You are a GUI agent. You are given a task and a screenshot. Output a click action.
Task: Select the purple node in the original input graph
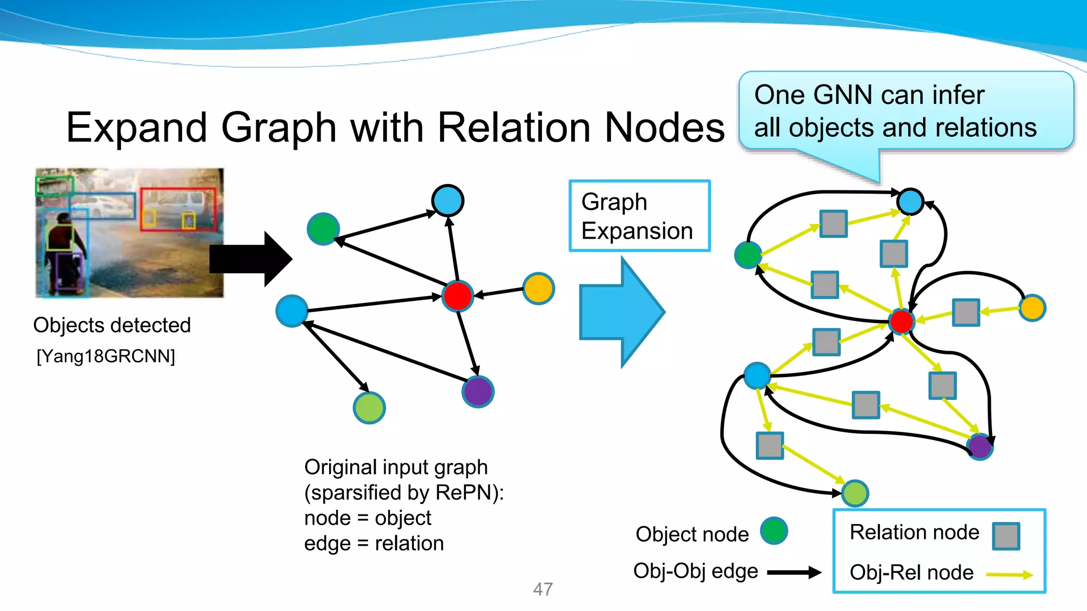point(478,392)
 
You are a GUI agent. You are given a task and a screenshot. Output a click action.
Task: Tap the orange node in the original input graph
point(538,289)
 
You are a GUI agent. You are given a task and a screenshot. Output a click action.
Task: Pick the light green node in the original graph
point(369,408)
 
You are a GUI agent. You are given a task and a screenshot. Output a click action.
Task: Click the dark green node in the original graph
point(323,229)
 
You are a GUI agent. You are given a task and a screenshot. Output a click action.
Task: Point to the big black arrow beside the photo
point(249,259)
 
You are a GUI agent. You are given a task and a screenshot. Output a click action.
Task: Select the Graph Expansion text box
point(639,216)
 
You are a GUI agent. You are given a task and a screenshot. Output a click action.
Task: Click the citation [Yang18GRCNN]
point(106,356)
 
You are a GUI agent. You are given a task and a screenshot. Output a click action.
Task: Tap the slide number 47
point(542,589)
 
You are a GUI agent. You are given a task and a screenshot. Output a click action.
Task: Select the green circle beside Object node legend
point(774,531)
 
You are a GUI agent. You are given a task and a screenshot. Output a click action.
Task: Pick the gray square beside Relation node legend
point(1006,536)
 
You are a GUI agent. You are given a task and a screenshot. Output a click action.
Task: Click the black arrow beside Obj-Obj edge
point(794,572)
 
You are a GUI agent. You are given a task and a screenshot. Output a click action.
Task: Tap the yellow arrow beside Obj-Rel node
point(1009,574)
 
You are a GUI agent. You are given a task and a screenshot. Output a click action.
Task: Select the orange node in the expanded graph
point(1032,308)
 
